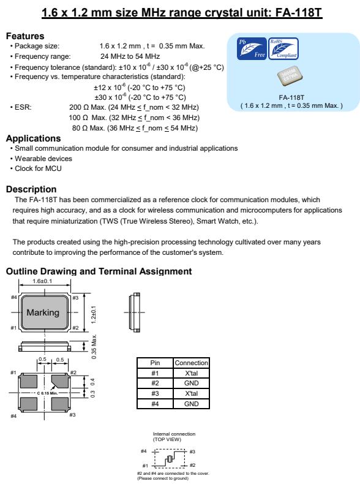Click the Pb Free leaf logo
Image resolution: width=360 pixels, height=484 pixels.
(x=252, y=49)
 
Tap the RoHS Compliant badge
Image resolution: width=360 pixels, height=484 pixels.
(x=283, y=49)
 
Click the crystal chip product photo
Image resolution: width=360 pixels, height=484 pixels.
(x=290, y=75)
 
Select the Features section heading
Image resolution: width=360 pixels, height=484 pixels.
(x=25, y=36)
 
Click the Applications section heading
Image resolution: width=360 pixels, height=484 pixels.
(x=33, y=138)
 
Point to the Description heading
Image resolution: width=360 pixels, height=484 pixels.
(x=31, y=189)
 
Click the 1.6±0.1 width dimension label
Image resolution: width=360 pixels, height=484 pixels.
(x=42, y=281)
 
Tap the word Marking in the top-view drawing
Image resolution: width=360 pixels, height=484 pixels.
(x=43, y=312)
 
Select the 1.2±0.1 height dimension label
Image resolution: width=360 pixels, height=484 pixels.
(x=94, y=314)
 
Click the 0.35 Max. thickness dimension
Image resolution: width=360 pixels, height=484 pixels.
(x=94, y=347)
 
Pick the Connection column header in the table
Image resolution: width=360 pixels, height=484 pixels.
(x=191, y=363)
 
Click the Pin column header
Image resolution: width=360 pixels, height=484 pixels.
(x=155, y=363)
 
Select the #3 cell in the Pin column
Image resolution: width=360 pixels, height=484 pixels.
(x=155, y=393)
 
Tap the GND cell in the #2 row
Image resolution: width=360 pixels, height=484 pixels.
(x=191, y=383)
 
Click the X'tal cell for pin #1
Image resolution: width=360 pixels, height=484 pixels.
(x=191, y=373)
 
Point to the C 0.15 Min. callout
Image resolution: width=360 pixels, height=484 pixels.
(x=47, y=393)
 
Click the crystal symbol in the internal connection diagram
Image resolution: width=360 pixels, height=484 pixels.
(x=169, y=459)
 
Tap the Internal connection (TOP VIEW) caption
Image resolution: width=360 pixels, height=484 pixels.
(x=174, y=436)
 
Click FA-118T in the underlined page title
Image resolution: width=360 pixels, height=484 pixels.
(x=299, y=13)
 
